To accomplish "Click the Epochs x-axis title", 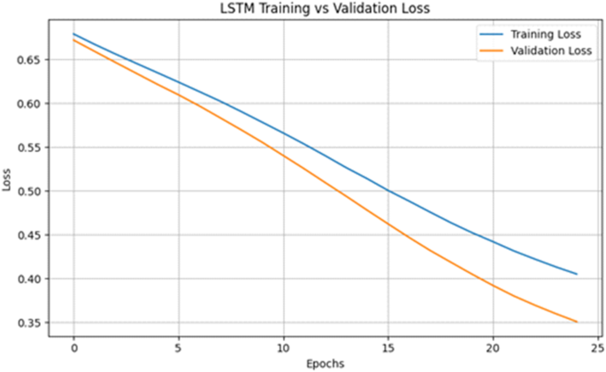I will (x=326, y=363).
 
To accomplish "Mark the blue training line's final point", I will (x=577, y=274).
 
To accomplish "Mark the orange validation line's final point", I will (x=577, y=322).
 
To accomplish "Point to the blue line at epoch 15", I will (x=387, y=190).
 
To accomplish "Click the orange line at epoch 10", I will (x=283, y=155).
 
